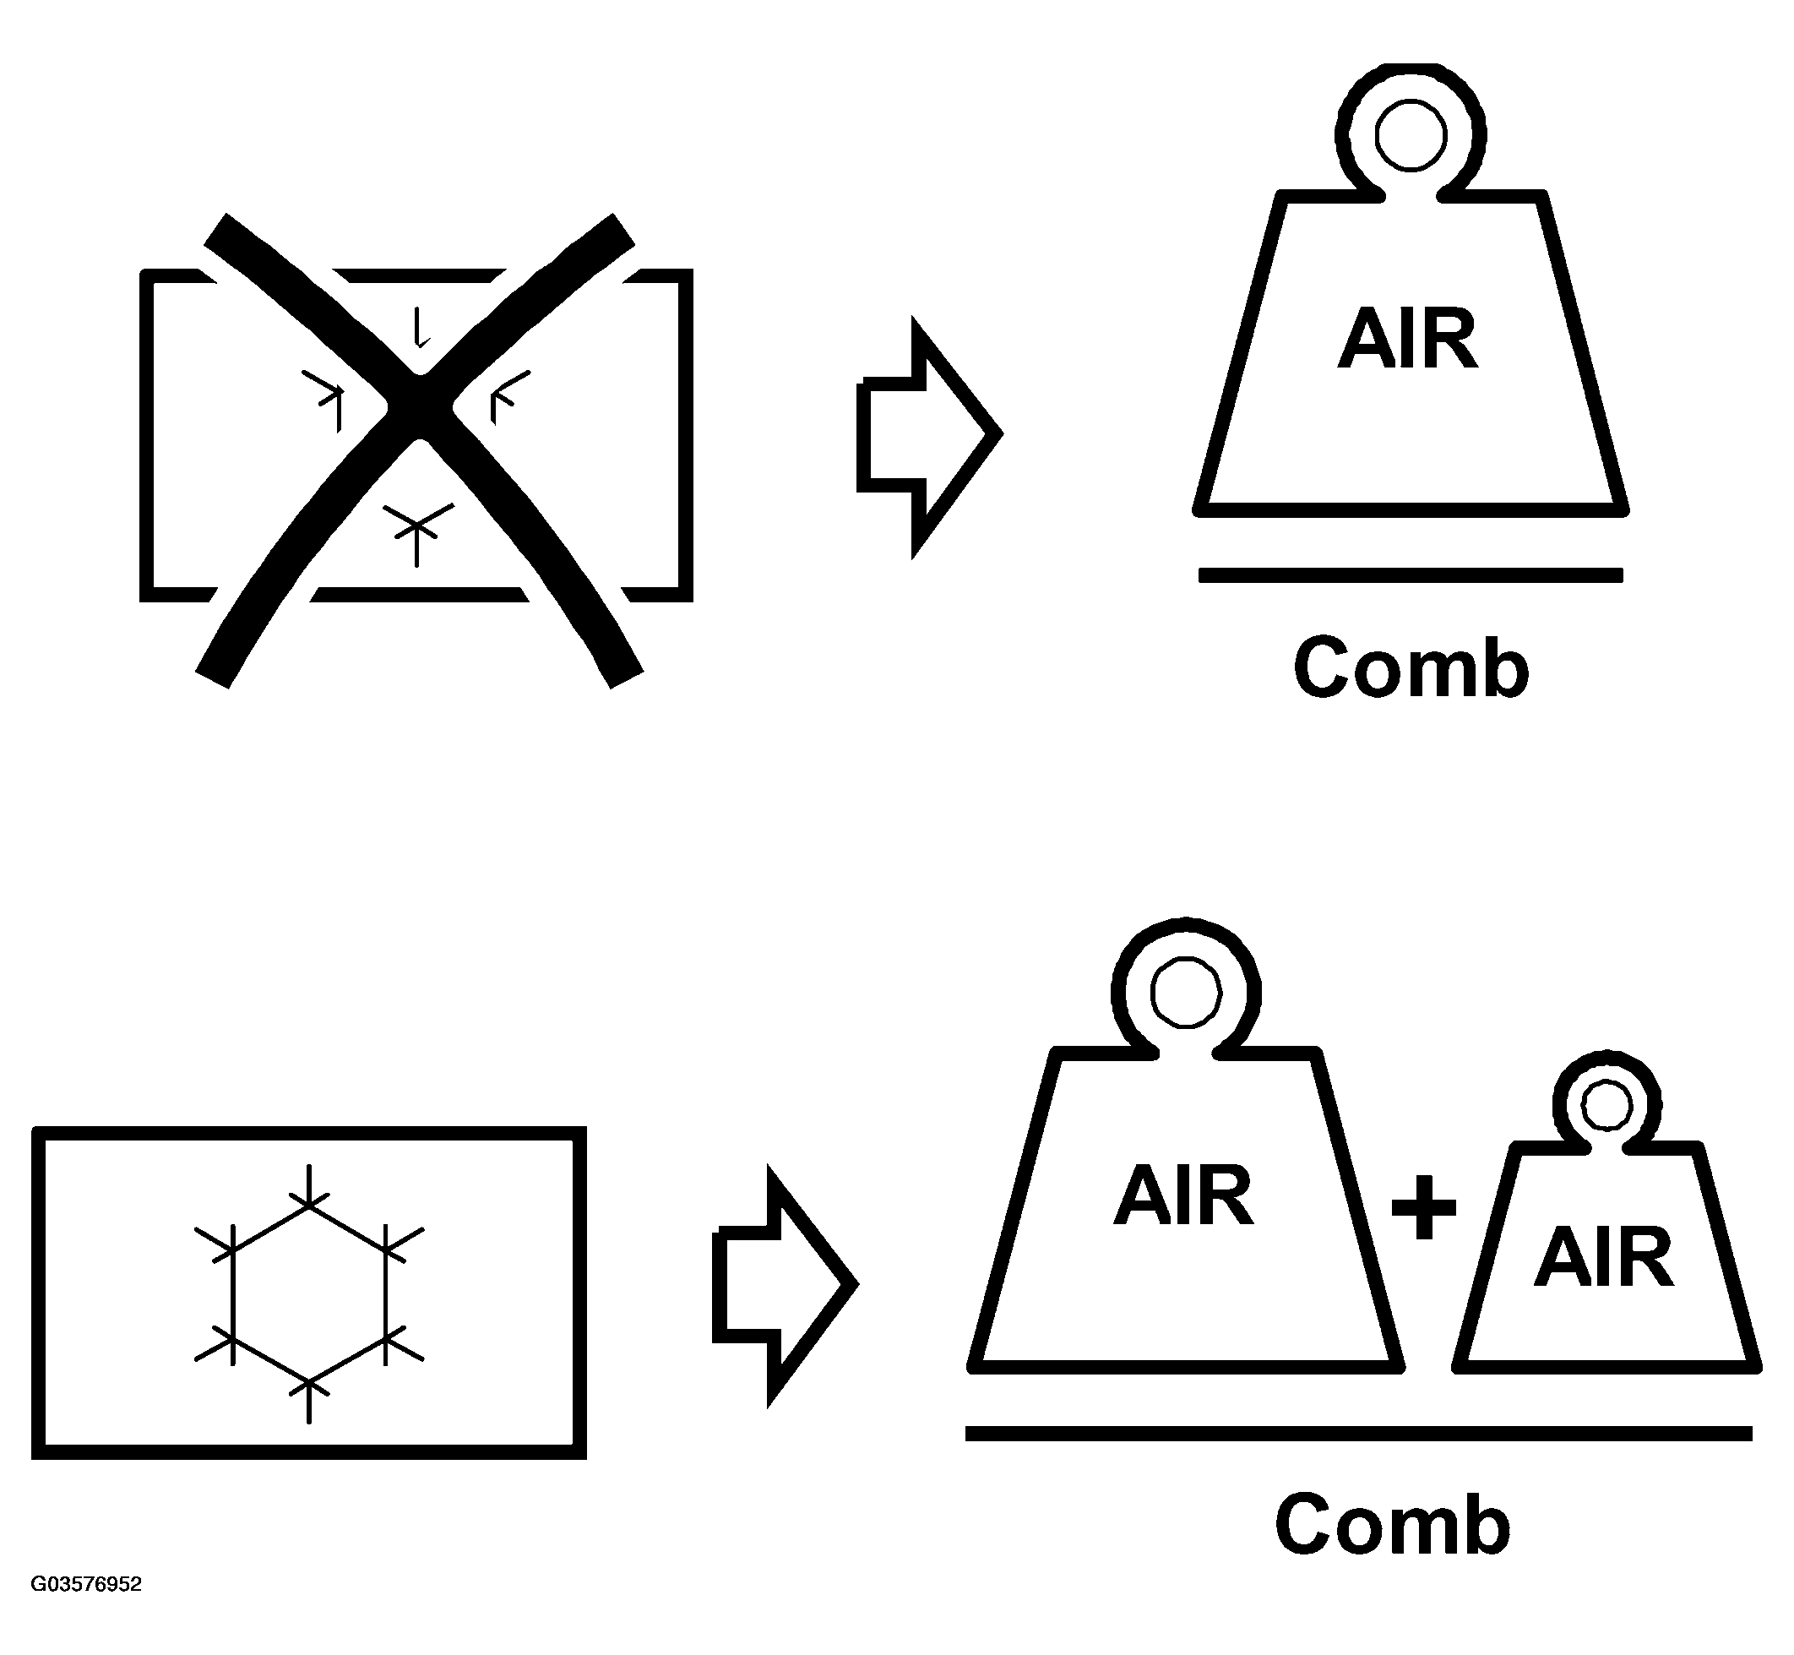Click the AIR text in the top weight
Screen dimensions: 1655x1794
[1407, 340]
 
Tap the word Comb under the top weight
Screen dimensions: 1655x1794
[1411, 668]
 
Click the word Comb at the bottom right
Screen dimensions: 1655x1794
[1393, 1524]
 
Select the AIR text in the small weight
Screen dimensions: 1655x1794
[1604, 1257]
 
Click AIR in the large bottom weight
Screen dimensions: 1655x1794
[1183, 1195]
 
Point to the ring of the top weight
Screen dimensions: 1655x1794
[1411, 136]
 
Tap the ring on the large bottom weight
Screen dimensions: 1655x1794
[1185, 993]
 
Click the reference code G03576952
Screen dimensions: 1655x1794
[86, 1584]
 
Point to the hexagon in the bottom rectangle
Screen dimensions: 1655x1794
[309, 1294]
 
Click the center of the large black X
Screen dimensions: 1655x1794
[419, 407]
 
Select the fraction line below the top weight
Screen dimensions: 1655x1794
[1411, 575]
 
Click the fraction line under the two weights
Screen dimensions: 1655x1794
[1358, 1433]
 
